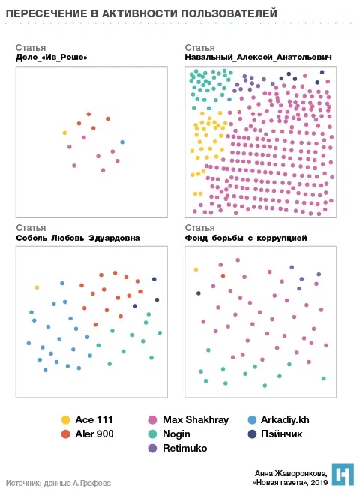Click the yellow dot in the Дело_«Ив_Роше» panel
coord(64,133)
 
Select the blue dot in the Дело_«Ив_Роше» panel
coord(122,142)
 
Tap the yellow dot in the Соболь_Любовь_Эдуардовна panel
coord(37,287)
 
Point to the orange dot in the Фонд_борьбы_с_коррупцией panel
coord(223,276)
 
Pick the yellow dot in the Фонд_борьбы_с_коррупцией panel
coord(196,269)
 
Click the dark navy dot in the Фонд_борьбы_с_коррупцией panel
coord(199,293)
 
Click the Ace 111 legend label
coord(94,419)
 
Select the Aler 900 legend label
coord(94,434)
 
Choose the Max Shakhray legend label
coord(196,420)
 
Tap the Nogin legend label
coord(176,434)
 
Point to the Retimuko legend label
coord(184,448)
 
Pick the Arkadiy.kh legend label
coord(285,420)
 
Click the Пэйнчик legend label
coord(282,434)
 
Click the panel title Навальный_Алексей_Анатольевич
coord(258,58)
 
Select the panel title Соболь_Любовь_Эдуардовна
coord(78,238)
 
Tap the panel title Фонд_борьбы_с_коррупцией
coord(246,238)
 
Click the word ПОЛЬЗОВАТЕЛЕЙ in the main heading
coord(229,13)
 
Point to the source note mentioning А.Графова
coord(58,483)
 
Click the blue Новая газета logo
coord(343,475)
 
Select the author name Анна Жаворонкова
coord(291,473)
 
